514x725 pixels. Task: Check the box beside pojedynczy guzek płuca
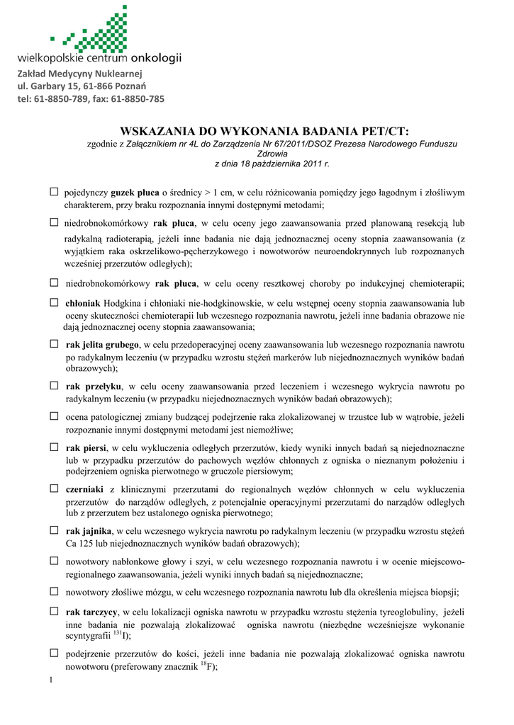[x=54, y=191]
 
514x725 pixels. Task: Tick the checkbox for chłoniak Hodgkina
[x=54, y=302]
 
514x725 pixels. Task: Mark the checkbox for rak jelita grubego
[x=54, y=344]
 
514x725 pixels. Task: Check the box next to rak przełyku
[x=54, y=386]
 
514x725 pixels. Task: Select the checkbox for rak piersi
[x=54, y=447]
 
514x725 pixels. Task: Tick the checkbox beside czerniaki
[x=54, y=489]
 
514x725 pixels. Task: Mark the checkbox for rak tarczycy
[x=54, y=611]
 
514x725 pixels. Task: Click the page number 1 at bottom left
[x=52, y=681]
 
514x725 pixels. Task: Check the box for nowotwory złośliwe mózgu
[x=54, y=590]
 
